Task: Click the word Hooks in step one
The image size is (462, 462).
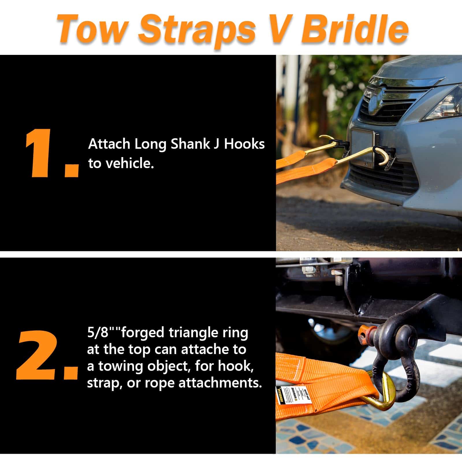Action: click(x=244, y=144)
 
